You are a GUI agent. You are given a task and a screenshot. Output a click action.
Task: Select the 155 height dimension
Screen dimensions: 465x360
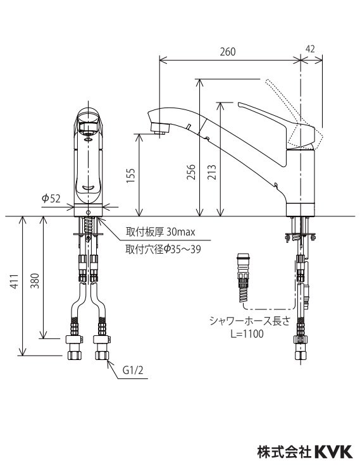[130, 175]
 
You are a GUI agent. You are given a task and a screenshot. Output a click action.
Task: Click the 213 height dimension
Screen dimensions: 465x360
[212, 172]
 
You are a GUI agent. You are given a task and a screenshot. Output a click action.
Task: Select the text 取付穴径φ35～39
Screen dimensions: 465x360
[163, 250]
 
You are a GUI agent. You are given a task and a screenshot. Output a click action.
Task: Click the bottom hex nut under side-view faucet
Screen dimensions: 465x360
[298, 351]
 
